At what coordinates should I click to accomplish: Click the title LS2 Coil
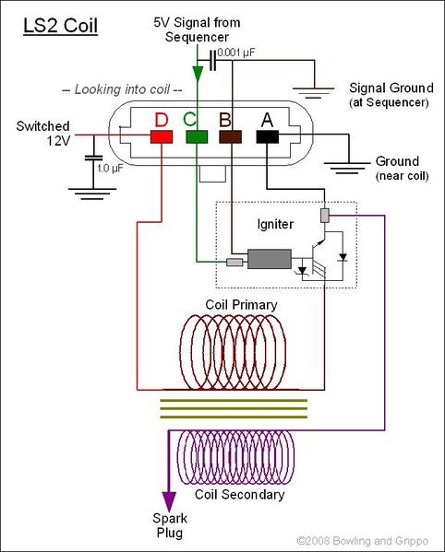pos(60,22)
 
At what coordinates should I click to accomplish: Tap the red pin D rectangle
pos(162,137)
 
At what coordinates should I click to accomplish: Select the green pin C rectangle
pos(197,137)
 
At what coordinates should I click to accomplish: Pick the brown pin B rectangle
pos(231,137)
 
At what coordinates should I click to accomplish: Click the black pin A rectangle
pos(268,137)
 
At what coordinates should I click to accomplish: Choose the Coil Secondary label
pos(247,494)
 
